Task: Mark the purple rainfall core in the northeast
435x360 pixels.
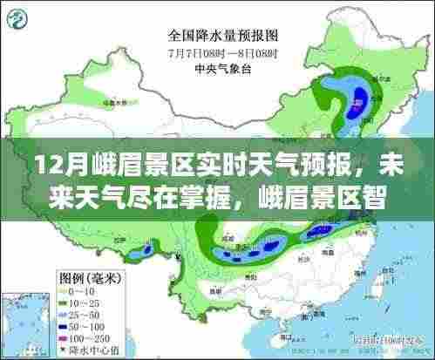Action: click(357, 106)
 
